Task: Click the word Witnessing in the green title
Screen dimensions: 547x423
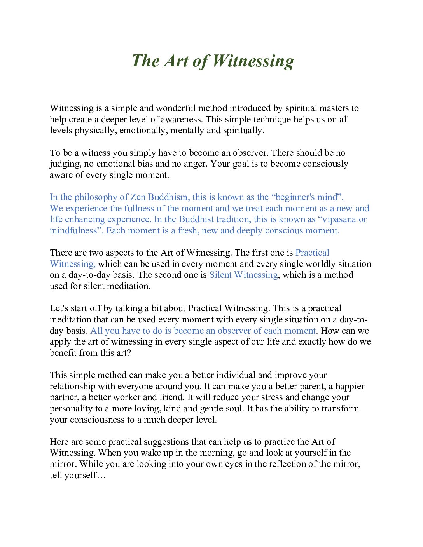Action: [253, 61]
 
